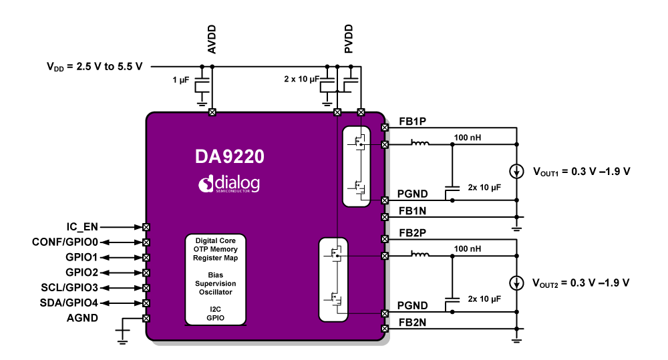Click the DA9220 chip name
pos(229,156)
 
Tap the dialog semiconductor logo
pos(229,184)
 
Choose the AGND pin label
pos(82,318)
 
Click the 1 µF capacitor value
pos(181,80)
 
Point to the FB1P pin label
pos(412,122)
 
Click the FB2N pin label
pos(412,322)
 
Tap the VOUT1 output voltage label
pos(580,171)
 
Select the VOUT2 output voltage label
pos(580,283)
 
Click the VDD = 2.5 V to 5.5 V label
pos(94,66)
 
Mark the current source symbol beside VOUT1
pos(516,171)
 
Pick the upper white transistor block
pos(355,166)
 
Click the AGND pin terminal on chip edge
pos(146,318)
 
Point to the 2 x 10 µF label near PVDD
pos(299,79)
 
